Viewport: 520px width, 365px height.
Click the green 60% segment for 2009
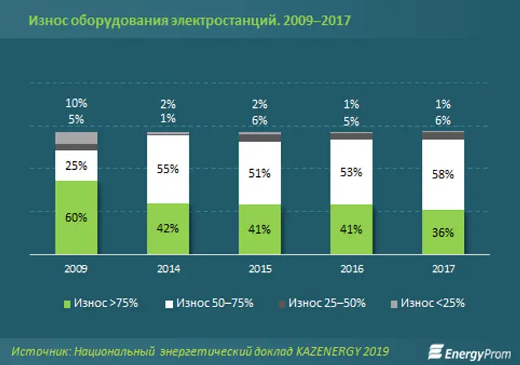click(x=76, y=217)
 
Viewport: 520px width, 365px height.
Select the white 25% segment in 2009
click(x=76, y=165)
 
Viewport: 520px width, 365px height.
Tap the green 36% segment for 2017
click(x=443, y=232)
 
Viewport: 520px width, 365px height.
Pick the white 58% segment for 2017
click(x=443, y=174)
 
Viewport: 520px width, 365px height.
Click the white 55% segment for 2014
click(x=168, y=169)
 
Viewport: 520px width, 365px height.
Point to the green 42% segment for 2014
click(x=168, y=228)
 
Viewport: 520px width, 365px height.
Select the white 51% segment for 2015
click(x=260, y=172)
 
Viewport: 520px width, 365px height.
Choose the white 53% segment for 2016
click(x=352, y=172)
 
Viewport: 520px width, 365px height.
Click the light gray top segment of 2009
click(x=76, y=137)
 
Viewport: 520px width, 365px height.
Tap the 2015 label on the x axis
click(x=260, y=268)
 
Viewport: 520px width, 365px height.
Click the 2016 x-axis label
click(x=352, y=268)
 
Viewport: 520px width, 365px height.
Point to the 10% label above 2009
click(x=76, y=103)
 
